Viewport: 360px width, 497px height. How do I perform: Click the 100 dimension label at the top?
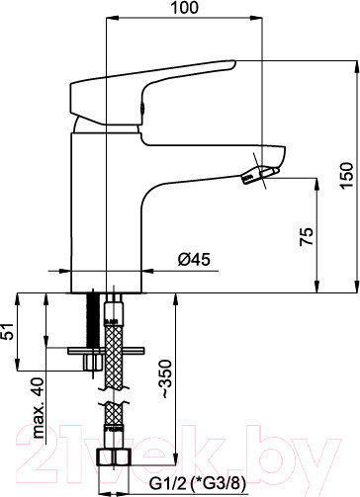coord(184,7)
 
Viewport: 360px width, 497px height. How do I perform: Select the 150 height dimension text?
coord(347,175)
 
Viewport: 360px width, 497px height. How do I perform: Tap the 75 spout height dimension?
coord(307,236)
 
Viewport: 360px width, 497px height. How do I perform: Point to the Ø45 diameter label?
coord(194,260)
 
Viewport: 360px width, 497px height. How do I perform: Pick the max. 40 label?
coord(38,407)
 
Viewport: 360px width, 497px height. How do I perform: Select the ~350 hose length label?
coord(165,378)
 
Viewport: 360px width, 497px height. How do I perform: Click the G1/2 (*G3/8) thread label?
coord(198,484)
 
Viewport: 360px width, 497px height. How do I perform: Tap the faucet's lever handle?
coord(153,93)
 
